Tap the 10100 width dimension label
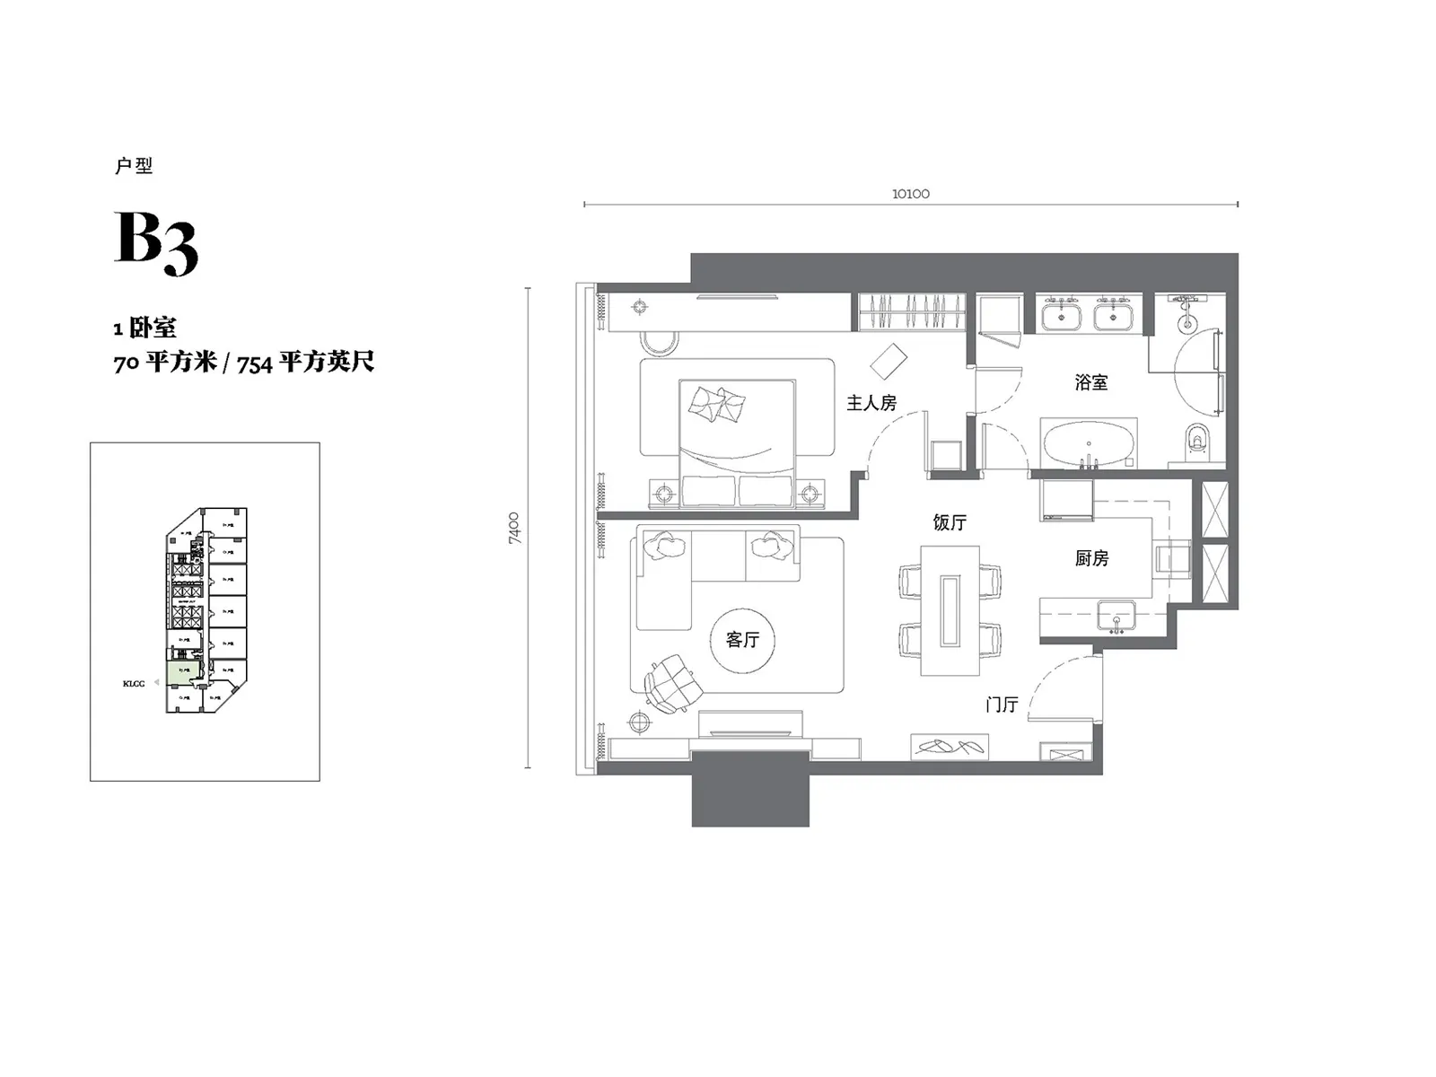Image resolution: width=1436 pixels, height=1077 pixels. click(910, 194)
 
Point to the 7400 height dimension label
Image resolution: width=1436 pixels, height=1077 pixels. click(513, 528)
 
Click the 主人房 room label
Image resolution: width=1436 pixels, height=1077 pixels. click(871, 403)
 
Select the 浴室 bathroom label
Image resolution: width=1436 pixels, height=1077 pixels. click(1090, 382)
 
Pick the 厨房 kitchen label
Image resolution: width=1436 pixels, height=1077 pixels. click(1091, 558)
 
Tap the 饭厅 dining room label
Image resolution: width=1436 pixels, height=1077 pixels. click(950, 522)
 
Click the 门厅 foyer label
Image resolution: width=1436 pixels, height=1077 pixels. click(1002, 705)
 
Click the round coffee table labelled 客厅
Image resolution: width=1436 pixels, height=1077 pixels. click(742, 639)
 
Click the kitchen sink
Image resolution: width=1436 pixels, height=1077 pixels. click(1116, 617)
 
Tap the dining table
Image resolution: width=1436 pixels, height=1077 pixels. click(950, 610)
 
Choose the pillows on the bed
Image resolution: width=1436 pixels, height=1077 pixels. click(717, 404)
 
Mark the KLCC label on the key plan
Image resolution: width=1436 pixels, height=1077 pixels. click(134, 684)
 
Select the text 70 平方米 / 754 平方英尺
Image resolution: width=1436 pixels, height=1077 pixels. click(243, 363)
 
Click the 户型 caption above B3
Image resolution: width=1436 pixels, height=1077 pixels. click(134, 166)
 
